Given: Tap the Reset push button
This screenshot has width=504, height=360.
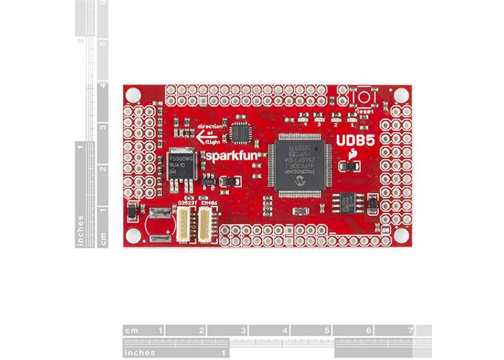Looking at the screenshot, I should (364, 96).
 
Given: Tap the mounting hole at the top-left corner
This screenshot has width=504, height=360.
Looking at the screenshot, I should (132, 94).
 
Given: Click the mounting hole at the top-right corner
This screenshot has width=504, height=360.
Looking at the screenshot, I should (400, 94).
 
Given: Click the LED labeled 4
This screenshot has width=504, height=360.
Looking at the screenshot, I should (305, 117).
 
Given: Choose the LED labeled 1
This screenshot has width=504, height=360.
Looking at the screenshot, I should (351, 117).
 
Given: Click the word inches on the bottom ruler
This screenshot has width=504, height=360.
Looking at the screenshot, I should (140, 353).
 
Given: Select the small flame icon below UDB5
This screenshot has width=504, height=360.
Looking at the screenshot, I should (352, 154).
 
